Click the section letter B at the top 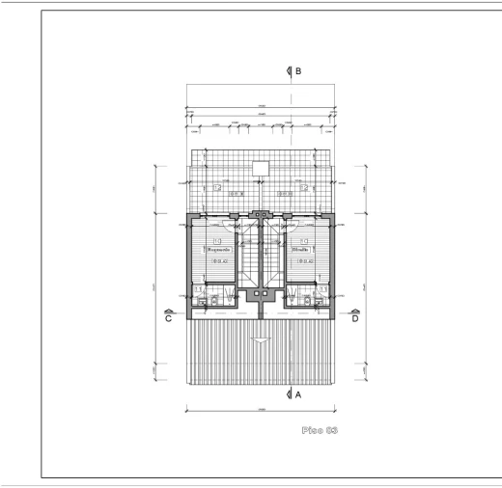(298, 71)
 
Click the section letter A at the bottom (298, 394)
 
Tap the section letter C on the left (169, 319)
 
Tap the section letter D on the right (355, 319)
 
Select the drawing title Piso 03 (320, 427)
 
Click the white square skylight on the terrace (260, 168)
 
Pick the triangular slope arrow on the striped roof (260, 340)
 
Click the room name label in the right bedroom (301, 249)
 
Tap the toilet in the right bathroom (306, 302)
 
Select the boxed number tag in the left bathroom (199, 288)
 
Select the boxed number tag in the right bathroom (322, 288)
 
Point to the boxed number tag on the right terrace (303, 188)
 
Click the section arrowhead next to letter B (289, 71)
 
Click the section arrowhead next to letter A (289, 394)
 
